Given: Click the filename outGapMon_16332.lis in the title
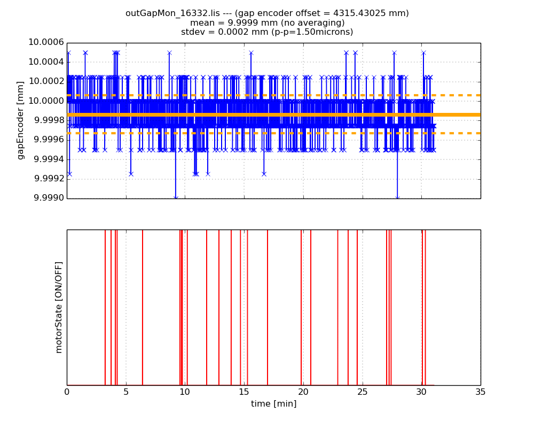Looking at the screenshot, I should coord(160,13).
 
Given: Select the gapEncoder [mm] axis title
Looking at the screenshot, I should coord(21,120).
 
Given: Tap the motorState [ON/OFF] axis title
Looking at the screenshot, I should coord(59,307).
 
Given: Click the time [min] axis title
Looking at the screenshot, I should coord(273,404).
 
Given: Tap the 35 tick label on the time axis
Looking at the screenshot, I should coord(481,392).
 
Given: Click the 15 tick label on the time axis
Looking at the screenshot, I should coord(244,392).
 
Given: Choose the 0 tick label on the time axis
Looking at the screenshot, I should coord(67,392).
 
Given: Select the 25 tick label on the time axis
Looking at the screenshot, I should coord(363,392).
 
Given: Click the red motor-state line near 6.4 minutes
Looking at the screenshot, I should coord(143,308).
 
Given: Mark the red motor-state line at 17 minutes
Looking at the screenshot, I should coord(268,308).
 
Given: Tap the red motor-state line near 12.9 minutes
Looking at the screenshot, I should coord(219,308).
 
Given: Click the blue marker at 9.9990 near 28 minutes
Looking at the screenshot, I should coord(397,198).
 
